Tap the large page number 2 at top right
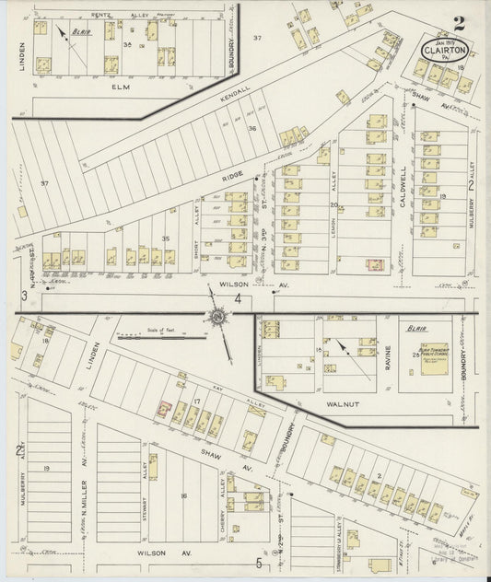tap(459, 23)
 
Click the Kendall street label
tap(235, 95)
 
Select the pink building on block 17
tap(163, 409)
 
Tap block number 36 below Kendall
tap(251, 128)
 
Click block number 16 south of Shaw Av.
tap(183, 496)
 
